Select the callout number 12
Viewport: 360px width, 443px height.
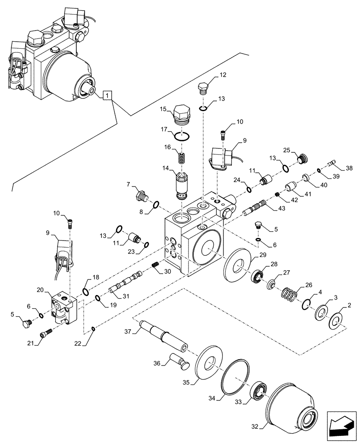coord(222,75)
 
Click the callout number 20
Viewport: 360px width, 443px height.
coord(39,290)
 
